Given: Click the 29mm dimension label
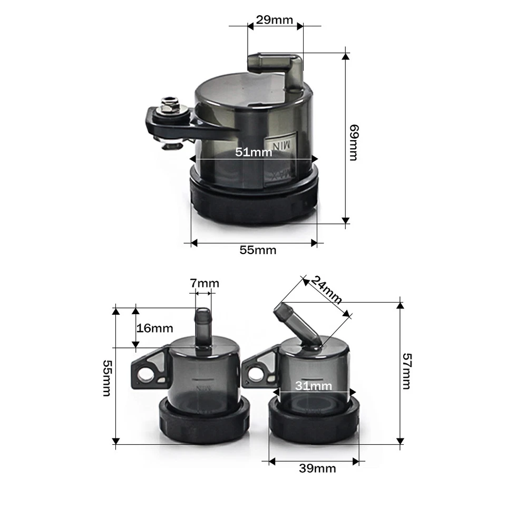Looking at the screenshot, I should pyautogui.click(x=274, y=21).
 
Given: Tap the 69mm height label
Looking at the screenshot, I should pyautogui.click(x=354, y=143).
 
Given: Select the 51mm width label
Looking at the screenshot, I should pyautogui.click(x=254, y=153).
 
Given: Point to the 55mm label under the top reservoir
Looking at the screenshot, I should pyautogui.click(x=258, y=250).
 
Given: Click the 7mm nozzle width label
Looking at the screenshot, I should pyautogui.click(x=205, y=284).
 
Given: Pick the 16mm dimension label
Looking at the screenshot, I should pyautogui.click(x=155, y=328).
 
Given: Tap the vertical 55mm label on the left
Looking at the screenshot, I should pyautogui.click(x=107, y=378).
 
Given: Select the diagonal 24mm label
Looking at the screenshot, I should pyautogui.click(x=325, y=290).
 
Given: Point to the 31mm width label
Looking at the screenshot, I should pyautogui.click(x=313, y=386).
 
